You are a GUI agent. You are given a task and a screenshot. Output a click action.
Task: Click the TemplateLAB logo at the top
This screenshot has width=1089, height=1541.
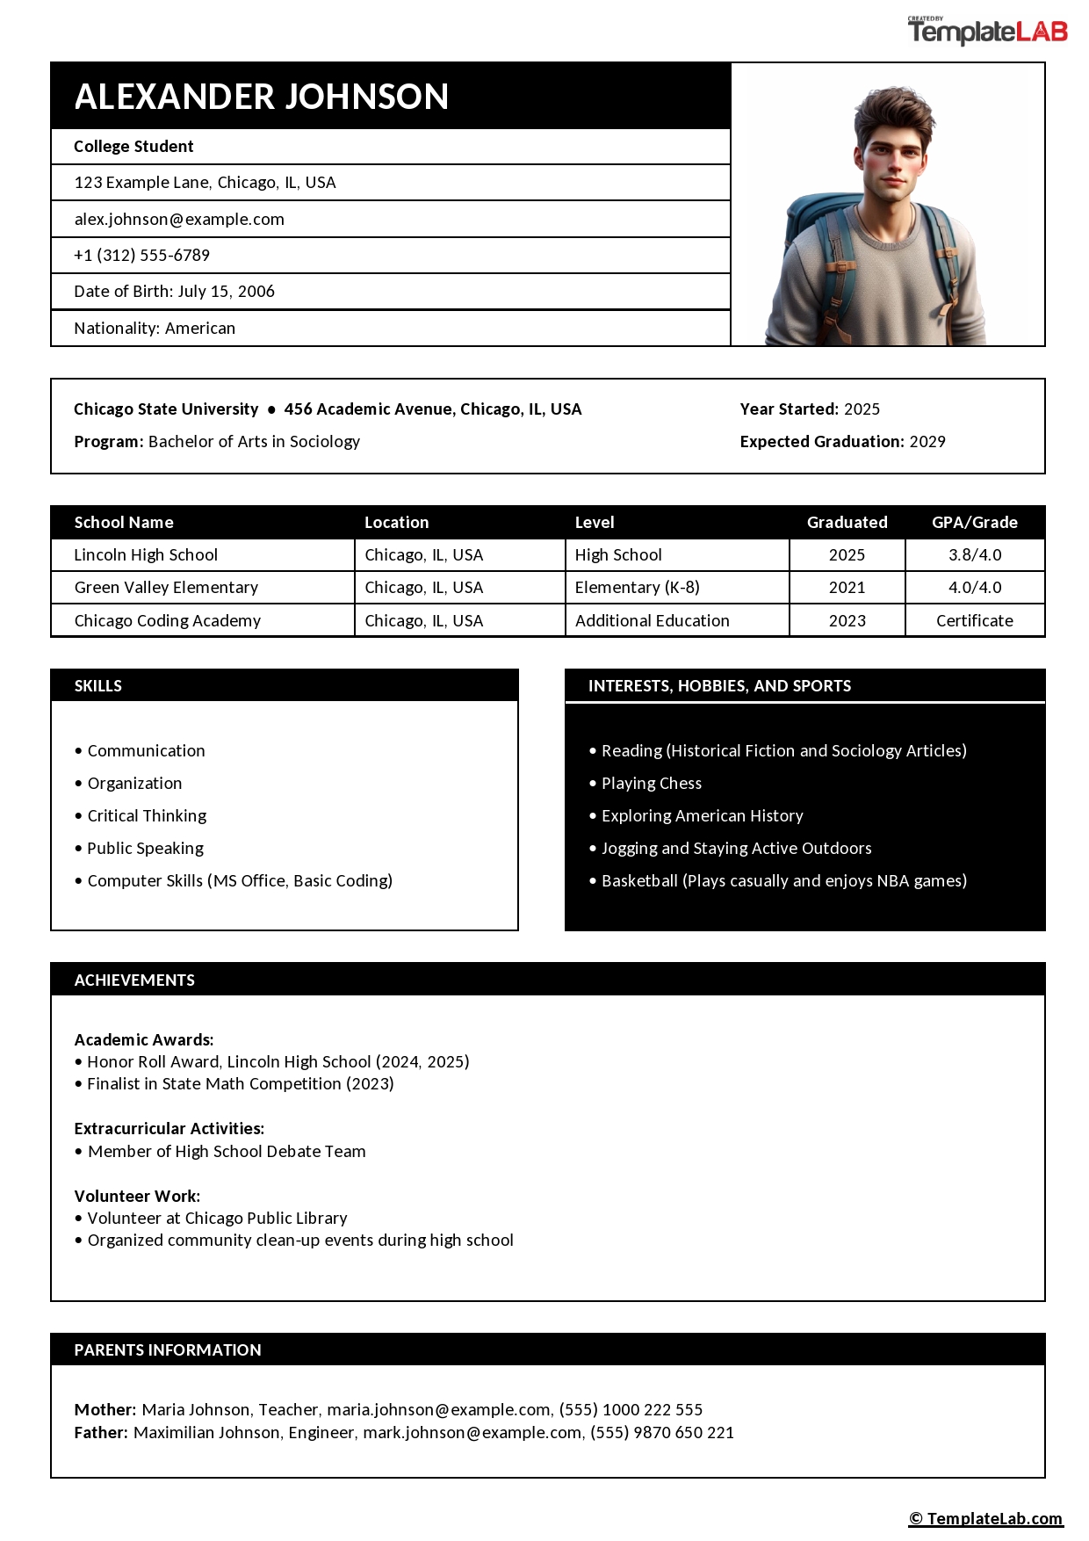click(x=987, y=33)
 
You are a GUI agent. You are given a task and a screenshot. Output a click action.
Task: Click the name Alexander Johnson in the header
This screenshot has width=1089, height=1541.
click(x=262, y=97)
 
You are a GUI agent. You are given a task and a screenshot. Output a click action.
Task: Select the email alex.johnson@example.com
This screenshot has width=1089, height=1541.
click(x=179, y=220)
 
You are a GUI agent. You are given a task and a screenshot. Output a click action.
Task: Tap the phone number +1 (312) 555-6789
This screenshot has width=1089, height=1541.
click(x=142, y=256)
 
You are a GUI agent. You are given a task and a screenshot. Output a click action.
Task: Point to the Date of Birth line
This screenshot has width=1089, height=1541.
click(x=174, y=292)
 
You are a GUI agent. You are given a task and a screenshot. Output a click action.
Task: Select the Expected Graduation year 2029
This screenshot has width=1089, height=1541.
click(x=927, y=442)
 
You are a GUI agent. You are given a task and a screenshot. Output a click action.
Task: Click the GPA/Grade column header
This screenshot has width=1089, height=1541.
click(x=974, y=523)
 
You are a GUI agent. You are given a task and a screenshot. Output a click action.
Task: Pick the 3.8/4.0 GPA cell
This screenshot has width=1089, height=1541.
click(x=974, y=555)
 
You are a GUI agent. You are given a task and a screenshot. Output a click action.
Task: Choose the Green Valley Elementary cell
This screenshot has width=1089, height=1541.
click(x=166, y=588)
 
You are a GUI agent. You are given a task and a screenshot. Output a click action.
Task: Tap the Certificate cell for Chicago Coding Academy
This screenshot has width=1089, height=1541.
click(x=974, y=621)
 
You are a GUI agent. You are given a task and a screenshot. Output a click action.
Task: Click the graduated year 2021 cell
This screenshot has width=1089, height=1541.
click(x=847, y=588)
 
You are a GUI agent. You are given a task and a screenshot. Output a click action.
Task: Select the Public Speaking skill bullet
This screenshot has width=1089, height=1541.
click(x=145, y=849)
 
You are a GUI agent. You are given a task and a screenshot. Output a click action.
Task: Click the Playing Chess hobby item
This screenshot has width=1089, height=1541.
click(x=651, y=784)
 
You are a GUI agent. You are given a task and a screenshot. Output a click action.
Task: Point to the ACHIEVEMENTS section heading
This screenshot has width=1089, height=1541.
click(x=134, y=980)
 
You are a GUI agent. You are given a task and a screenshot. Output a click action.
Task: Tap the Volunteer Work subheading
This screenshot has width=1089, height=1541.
click(x=137, y=1197)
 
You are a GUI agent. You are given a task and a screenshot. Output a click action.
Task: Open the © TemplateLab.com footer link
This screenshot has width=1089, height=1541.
click(x=985, y=1519)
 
